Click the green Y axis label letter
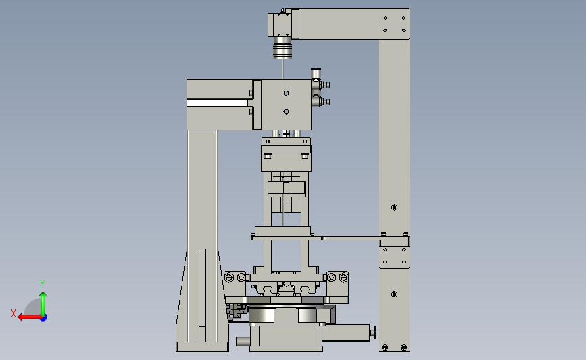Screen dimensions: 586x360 (43, 284)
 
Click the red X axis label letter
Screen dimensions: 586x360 (14, 313)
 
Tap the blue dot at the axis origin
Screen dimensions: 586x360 (44, 318)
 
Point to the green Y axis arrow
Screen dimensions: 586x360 (43, 304)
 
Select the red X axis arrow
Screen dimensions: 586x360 (30, 317)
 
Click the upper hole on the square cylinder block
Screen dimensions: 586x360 (287, 93)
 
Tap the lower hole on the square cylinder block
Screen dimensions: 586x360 (287, 111)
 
